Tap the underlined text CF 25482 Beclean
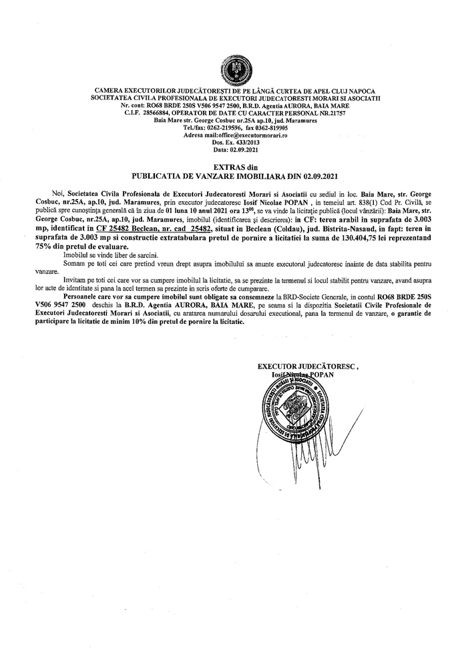point(127,229)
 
